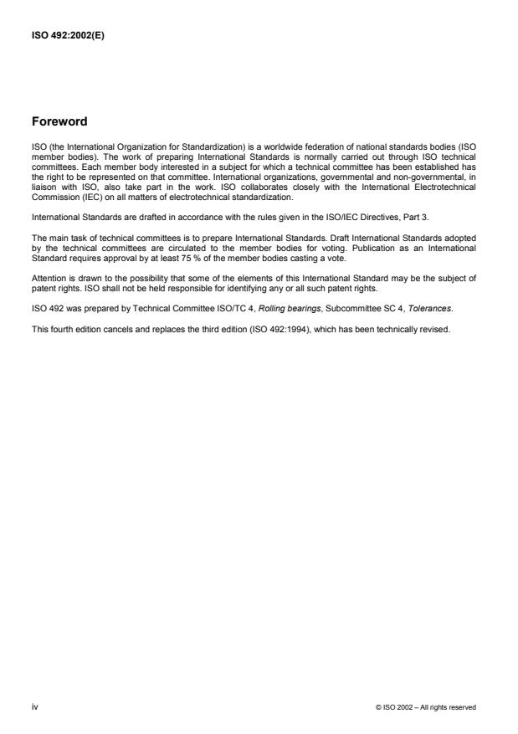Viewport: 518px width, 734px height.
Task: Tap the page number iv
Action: click(x=34, y=707)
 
